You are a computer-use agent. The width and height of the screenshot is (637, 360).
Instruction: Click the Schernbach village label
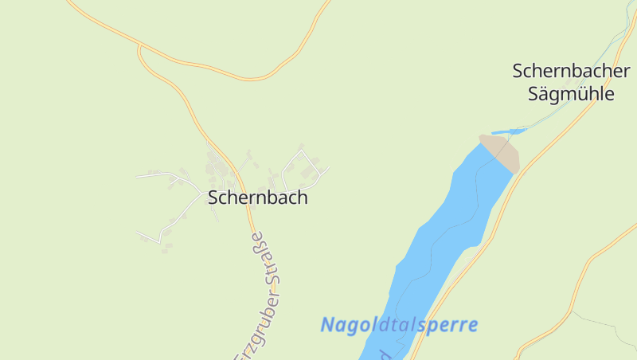pos(257,198)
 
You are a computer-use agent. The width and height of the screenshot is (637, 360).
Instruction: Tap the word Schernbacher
pos(571,71)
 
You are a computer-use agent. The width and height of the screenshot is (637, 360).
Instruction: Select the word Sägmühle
pos(572,94)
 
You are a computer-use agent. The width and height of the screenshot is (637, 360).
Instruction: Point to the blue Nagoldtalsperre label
pos(399,325)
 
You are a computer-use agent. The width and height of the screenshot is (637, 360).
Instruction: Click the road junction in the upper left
pos(140,47)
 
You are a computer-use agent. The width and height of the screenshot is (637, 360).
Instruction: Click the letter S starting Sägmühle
pos(534,94)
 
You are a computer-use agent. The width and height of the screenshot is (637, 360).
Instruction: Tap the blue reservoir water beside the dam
pos(470,191)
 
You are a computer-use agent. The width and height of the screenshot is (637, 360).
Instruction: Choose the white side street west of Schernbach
pos(167,174)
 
